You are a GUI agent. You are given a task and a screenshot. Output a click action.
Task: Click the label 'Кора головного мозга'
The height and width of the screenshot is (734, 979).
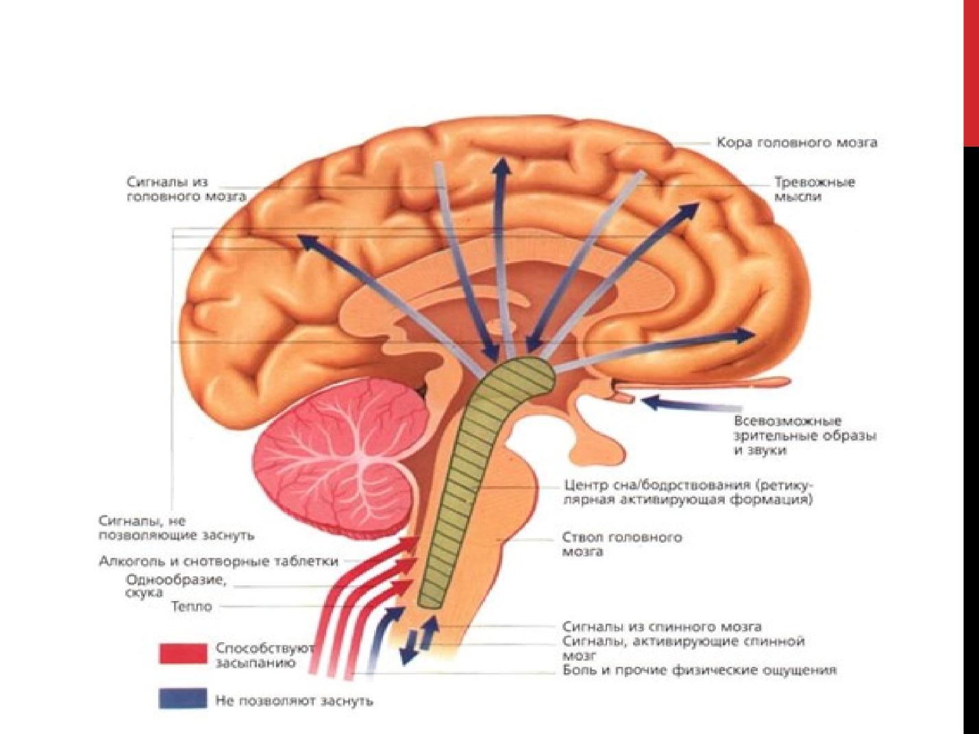[796, 143]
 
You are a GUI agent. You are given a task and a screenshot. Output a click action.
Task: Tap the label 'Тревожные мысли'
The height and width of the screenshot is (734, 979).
[814, 189]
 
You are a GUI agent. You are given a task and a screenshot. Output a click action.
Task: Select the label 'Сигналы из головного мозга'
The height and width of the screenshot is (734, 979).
[186, 189]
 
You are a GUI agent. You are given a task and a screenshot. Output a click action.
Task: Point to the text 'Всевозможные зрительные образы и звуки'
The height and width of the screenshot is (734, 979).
[804, 435]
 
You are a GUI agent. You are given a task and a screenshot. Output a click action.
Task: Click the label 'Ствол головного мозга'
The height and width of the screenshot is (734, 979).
[621, 543]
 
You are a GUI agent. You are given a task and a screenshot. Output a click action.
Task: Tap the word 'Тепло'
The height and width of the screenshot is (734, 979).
[191, 607]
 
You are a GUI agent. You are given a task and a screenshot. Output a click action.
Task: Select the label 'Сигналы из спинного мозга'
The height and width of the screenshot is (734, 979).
[661, 626]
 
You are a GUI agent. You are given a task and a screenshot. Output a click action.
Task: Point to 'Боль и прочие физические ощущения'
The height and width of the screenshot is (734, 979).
[699, 670]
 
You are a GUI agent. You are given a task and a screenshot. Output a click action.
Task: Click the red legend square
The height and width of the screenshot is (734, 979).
[183, 653]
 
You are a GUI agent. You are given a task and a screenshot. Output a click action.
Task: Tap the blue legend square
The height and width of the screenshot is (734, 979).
[183, 698]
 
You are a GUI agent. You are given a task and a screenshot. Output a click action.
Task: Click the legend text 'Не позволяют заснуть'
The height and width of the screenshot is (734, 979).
[294, 700]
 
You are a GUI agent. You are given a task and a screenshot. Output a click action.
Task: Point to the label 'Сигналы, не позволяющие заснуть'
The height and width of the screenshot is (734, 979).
[175, 528]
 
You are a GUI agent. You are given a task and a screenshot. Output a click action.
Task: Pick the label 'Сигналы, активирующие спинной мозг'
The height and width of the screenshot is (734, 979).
[682, 648]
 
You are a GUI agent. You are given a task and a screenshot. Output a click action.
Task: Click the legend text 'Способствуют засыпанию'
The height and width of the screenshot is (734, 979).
[264, 655]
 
